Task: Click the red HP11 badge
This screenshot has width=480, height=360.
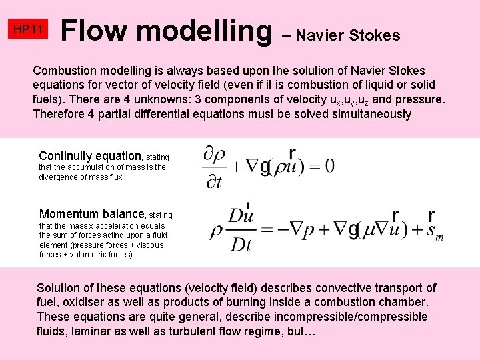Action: tap(29, 29)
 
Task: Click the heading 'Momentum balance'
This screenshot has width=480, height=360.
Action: tap(92, 214)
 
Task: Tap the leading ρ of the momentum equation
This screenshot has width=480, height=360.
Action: tap(215, 229)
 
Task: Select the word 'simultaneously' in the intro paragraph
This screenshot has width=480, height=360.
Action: tap(371, 113)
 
